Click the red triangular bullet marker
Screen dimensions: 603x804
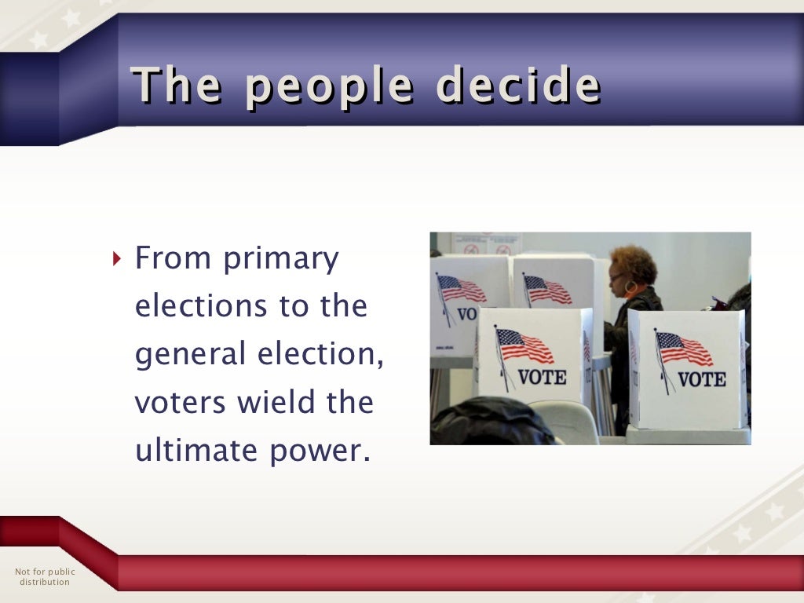(117, 258)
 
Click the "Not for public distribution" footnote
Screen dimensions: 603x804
(46, 577)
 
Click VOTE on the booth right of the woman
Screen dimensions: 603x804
(701, 379)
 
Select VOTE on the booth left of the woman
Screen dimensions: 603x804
(542, 377)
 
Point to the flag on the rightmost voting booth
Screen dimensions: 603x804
(684, 349)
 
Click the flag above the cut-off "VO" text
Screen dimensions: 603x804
(461, 290)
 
